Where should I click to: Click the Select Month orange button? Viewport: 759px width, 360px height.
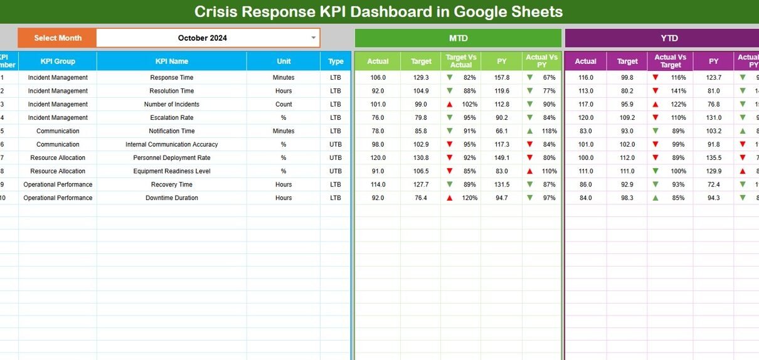pos(57,38)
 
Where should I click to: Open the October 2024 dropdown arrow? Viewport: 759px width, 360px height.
pos(314,38)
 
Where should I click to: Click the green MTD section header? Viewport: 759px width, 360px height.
pos(458,38)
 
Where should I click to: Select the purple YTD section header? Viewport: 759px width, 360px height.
pos(669,38)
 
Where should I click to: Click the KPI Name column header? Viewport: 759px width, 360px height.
pos(171,61)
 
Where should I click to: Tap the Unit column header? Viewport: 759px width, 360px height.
pos(284,61)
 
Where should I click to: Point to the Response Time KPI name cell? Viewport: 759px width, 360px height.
pos(171,78)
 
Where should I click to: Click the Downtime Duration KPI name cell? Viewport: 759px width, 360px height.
pos(171,198)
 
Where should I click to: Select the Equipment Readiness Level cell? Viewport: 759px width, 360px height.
pos(171,171)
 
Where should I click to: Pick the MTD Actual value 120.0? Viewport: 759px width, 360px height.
pos(378,158)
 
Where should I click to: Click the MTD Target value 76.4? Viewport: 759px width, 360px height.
pos(420,198)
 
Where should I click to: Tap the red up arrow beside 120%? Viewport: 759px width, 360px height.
pos(449,198)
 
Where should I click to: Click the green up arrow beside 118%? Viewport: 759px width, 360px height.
pos(530,131)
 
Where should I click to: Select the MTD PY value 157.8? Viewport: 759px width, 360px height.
pos(502,78)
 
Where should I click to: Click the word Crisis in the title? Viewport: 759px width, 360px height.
pos(216,11)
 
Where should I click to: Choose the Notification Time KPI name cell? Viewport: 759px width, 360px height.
pos(171,131)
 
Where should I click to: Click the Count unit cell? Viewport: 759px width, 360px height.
pos(284,105)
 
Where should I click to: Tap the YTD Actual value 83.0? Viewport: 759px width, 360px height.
pos(585,131)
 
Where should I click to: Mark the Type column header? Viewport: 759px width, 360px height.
pos(336,61)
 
